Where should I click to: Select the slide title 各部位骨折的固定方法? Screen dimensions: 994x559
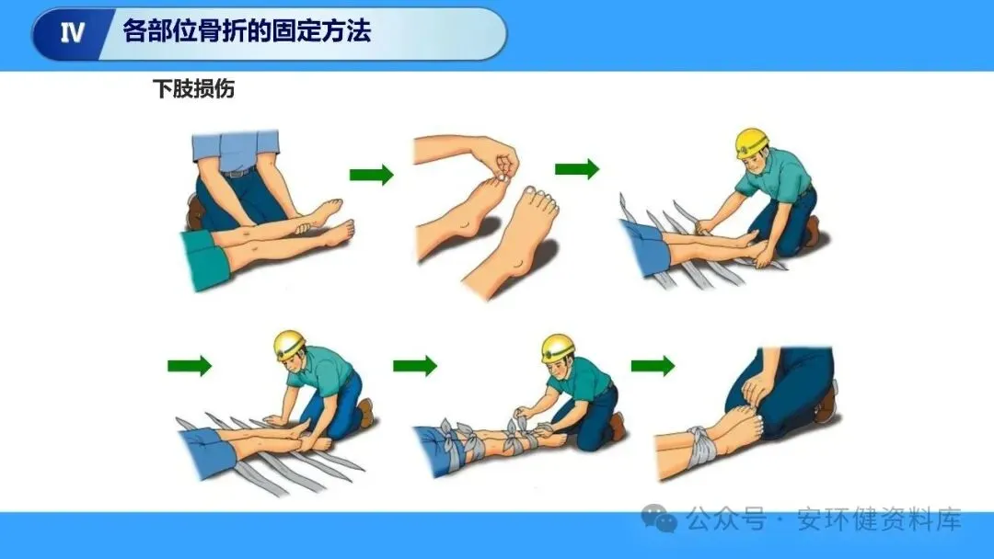click(x=247, y=30)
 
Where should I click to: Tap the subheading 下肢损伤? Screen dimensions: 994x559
click(x=194, y=88)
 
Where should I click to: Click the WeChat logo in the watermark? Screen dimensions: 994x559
click(x=659, y=519)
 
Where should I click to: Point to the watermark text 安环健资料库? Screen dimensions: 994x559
click(x=879, y=519)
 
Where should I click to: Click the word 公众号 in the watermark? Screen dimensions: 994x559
click(x=725, y=519)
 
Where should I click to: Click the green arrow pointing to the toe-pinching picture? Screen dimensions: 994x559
click(x=372, y=174)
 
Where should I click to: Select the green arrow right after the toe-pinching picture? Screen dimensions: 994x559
click(x=577, y=169)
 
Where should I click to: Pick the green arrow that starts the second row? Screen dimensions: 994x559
click(x=190, y=366)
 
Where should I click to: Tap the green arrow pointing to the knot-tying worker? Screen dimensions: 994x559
click(x=415, y=366)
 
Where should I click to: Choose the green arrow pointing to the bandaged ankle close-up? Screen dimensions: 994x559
click(x=653, y=366)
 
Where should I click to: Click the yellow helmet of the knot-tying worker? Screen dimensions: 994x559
click(x=558, y=347)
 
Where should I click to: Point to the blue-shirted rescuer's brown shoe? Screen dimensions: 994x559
click(x=194, y=212)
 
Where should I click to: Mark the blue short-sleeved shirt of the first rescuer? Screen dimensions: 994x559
click(x=236, y=150)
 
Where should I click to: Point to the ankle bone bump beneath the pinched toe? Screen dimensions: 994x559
click(x=468, y=222)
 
